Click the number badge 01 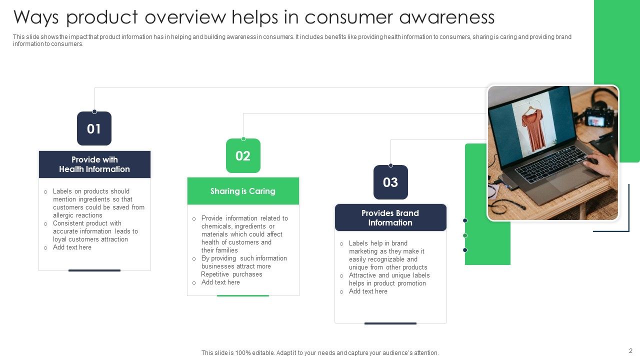[94, 128]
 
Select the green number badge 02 [243, 156]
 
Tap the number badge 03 [390, 182]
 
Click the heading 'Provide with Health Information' [94, 164]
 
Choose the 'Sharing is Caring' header [243, 191]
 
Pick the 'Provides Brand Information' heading [390, 217]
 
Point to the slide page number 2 [630, 350]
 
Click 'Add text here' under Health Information [72, 247]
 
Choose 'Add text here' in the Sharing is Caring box [220, 282]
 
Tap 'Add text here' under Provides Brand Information [368, 291]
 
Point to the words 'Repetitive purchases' [231, 274]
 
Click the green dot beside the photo [465, 235]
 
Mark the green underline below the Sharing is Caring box [243, 295]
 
